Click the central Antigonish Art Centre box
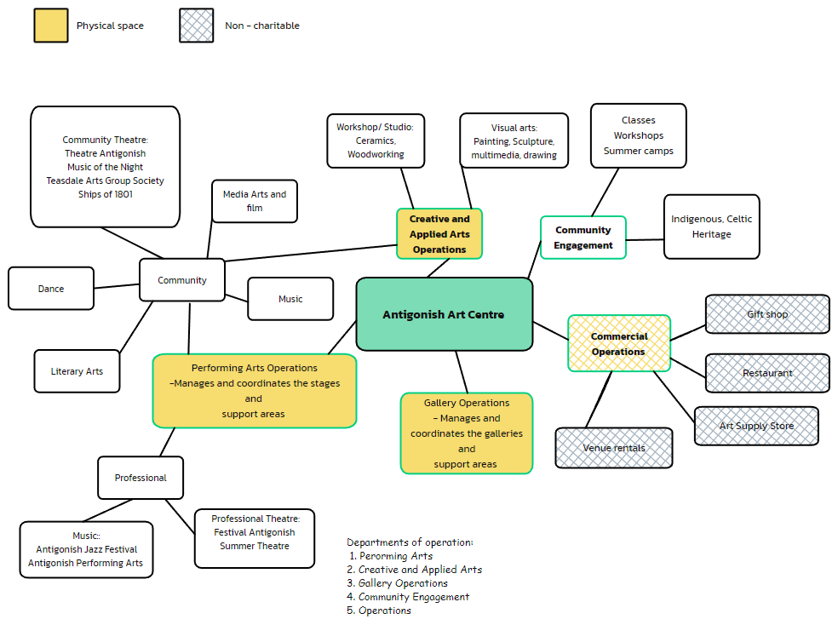(x=444, y=314)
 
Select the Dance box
(x=51, y=289)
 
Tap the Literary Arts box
(x=77, y=371)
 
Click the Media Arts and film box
(x=255, y=201)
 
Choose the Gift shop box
(x=767, y=314)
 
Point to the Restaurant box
(x=767, y=373)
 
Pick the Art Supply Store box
(x=756, y=426)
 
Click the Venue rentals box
(x=614, y=448)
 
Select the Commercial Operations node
(x=619, y=343)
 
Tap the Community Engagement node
(x=583, y=238)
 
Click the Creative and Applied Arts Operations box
(x=439, y=234)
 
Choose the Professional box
(x=141, y=478)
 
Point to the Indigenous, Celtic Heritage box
(x=711, y=226)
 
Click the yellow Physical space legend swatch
(x=50, y=26)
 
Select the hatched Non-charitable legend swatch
(x=196, y=26)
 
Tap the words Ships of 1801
(x=106, y=194)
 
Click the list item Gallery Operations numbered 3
(x=403, y=583)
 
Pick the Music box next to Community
(x=290, y=299)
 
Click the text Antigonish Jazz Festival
(x=86, y=549)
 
